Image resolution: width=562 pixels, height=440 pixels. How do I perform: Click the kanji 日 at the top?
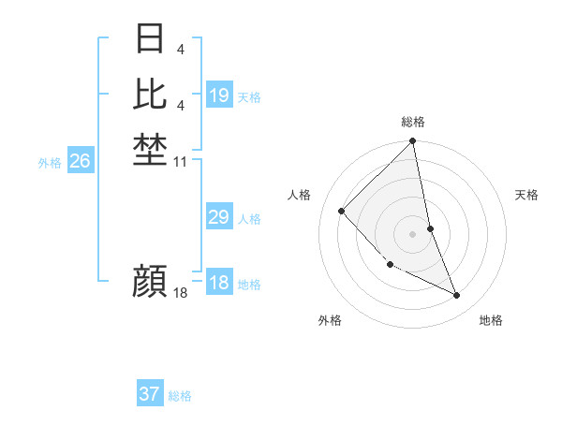coord(150,39)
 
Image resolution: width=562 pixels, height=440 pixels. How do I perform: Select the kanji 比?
coord(150,94)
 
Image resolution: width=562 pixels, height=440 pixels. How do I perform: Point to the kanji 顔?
coord(150,281)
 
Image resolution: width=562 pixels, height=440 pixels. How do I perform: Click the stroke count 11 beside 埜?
coord(182,162)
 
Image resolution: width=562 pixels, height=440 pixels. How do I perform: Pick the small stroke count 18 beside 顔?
coord(181,294)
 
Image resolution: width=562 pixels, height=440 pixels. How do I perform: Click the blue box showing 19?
coord(219,95)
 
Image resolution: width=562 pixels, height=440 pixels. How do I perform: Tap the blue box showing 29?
coord(218,217)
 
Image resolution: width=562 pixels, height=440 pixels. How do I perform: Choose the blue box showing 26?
coord(80,161)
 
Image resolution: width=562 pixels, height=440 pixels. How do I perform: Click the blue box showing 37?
coord(149,394)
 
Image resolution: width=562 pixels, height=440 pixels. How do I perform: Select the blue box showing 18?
coord(219,283)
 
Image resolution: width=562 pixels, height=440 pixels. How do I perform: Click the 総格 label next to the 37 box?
coord(181,396)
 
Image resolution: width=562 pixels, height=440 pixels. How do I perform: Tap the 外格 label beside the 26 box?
coord(50,163)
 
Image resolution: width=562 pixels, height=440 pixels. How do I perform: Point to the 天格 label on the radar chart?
coord(526,195)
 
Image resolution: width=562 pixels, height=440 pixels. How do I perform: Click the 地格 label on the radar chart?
coord(491,320)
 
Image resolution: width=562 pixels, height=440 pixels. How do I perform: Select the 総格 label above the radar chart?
coord(413,122)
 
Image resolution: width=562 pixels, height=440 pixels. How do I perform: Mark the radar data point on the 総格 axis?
coord(413,142)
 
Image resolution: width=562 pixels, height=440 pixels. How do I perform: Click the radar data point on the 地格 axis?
coord(457,296)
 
